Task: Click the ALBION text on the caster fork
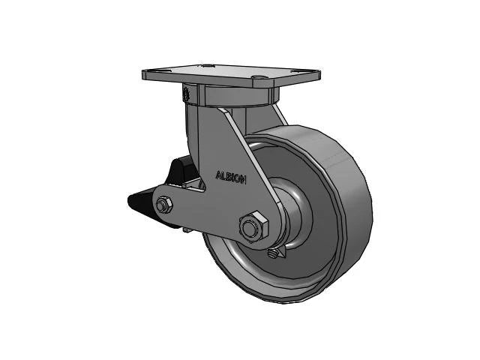click(234, 176)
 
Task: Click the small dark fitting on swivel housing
click(184, 95)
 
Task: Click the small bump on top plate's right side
click(259, 76)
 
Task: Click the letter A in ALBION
click(218, 175)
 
